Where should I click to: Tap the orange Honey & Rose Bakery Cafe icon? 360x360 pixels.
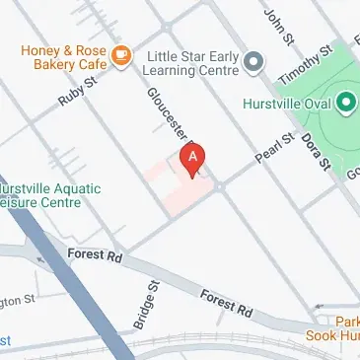(121, 55)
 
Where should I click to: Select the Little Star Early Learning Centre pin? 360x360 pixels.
(253, 64)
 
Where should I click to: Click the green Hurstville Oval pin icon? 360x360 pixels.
(345, 102)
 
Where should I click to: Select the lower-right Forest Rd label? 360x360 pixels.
(226, 303)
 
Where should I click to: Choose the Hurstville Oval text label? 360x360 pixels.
(286, 102)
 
